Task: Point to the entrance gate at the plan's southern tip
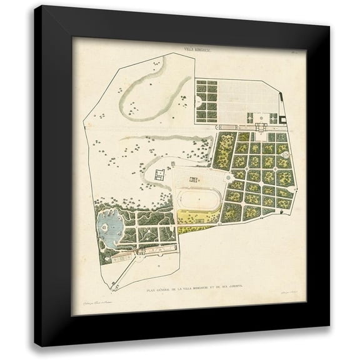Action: [114, 285]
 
